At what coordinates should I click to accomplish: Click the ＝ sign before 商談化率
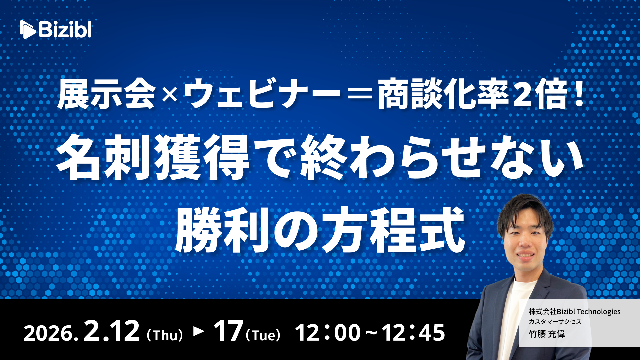(x=359, y=95)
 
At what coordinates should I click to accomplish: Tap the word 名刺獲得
(x=153, y=158)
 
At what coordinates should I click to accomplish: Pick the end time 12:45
(x=413, y=333)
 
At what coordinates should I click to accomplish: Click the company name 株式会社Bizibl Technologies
(x=575, y=312)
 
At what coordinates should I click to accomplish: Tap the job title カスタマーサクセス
(x=555, y=322)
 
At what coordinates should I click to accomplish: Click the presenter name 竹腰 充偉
(x=547, y=334)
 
